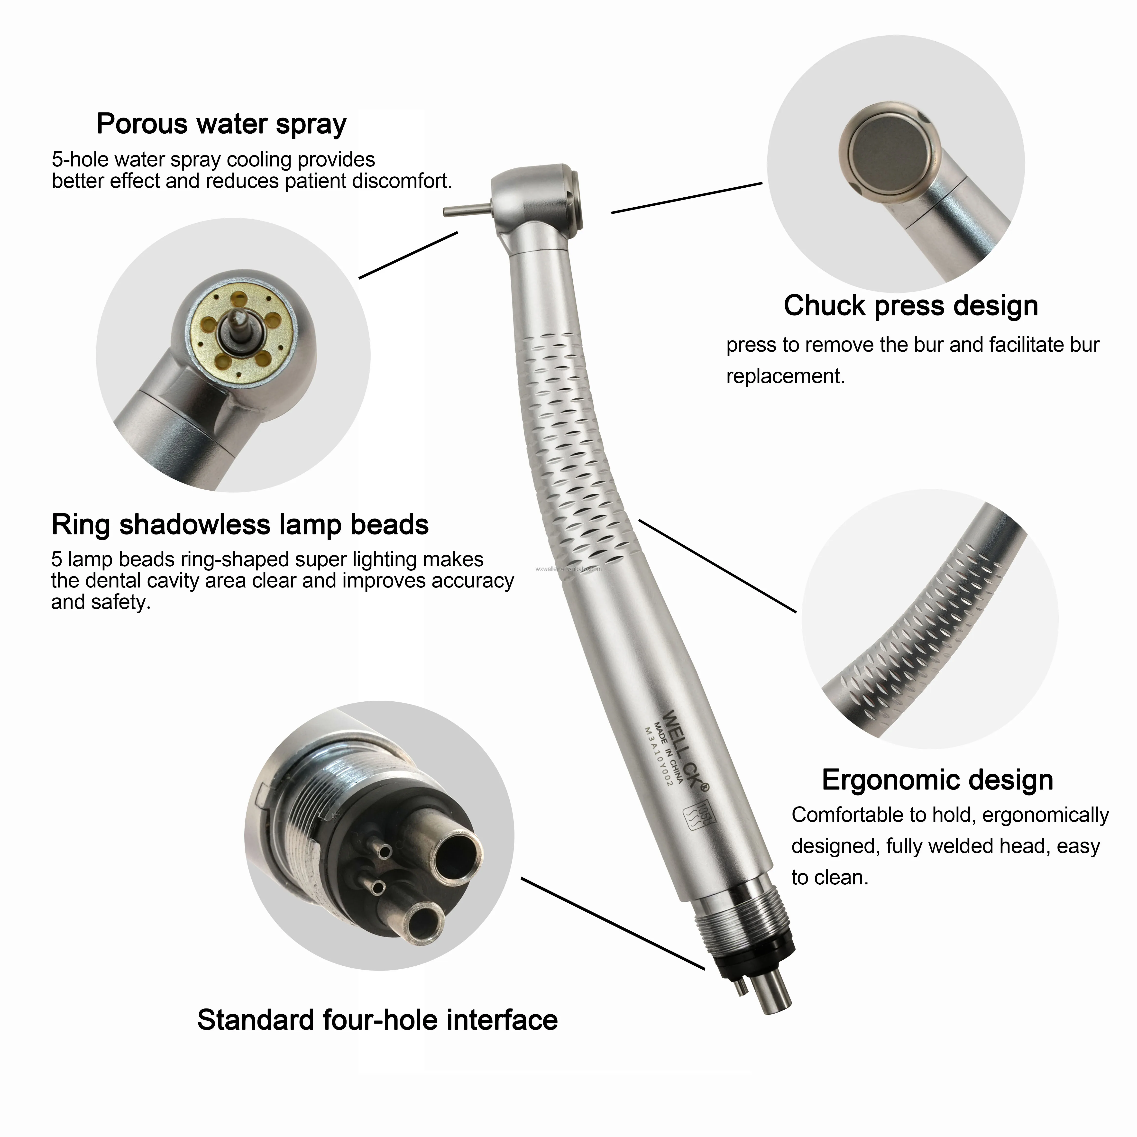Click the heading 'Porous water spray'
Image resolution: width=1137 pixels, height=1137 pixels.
(x=221, y=124)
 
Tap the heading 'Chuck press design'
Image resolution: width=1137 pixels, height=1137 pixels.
(x=910, y=306)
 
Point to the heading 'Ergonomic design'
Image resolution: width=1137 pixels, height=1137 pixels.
(x=937, y=780)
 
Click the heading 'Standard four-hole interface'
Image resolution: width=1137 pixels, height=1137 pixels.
(x=377, y=1020)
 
